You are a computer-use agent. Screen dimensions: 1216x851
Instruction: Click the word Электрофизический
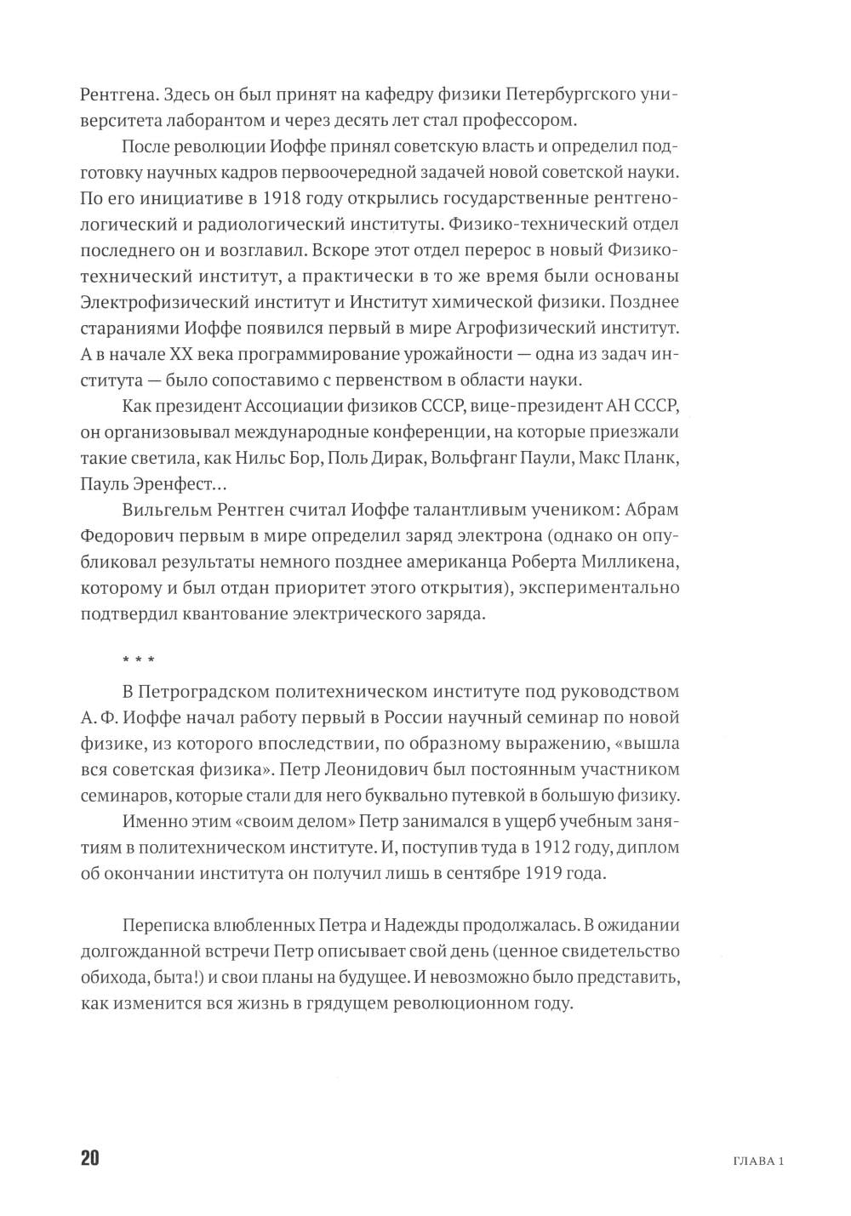pyautogui.click(x=155, y=302)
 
